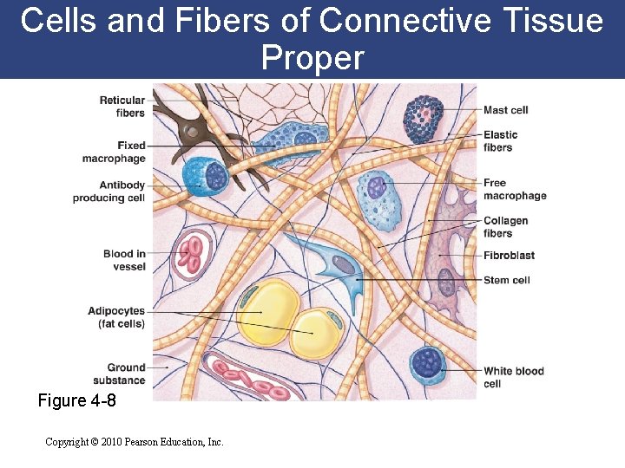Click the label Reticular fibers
point(122,107)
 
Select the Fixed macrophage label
point(114,152)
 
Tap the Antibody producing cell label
point(109,192)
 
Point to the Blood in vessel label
point(124,260)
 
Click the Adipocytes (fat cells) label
point(116,317)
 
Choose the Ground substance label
point(121,374)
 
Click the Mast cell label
point(506,110)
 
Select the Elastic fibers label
point(500,140)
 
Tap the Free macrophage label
point(515,189)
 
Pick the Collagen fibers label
point(505,226)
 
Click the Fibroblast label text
point(509,256)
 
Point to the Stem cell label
point(506,280)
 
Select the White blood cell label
point(513,377)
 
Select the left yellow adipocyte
point(269,311)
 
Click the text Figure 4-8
point(77,401)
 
